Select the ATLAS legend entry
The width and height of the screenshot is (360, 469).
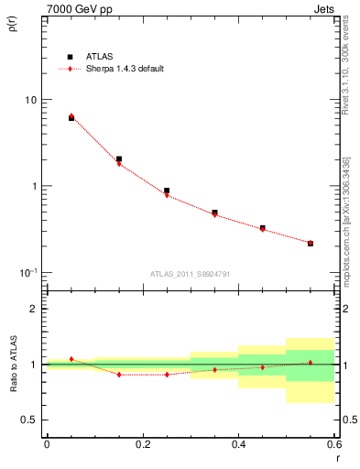pos(101,56)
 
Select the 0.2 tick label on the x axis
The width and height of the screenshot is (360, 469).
pos(142,445)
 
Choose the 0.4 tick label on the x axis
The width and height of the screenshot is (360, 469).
pos(238,445)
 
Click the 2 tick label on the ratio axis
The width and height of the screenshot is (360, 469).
pos(34,309)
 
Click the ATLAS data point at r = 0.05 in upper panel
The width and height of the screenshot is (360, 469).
pos(71,118)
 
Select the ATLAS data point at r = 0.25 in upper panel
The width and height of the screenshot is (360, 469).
pos(167,191)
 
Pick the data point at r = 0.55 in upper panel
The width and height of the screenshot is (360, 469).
pos(311,244)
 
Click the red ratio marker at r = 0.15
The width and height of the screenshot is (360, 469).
pos(119,375)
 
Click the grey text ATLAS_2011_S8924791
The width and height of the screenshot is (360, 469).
pos(190,274)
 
